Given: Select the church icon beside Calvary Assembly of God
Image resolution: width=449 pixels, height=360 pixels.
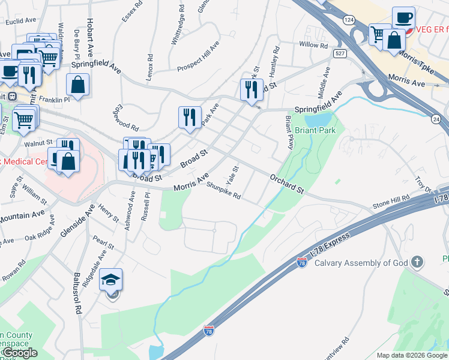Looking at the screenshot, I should tap(417, 262).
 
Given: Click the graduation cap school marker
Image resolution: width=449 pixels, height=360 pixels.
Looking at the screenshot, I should tap(111, 280).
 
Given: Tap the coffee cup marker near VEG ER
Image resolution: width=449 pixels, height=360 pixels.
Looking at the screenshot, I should tap(403, 18).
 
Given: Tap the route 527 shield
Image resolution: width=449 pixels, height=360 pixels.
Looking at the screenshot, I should tap(340, 54).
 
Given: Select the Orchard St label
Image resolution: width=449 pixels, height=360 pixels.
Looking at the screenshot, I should tap(287, 184).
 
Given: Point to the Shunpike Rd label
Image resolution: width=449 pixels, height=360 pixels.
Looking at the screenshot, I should tap(223, 191).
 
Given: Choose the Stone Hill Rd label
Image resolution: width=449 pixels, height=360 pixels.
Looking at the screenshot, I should tap(391, 202).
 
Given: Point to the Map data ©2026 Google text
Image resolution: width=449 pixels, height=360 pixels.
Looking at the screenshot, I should tap(412, 355).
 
